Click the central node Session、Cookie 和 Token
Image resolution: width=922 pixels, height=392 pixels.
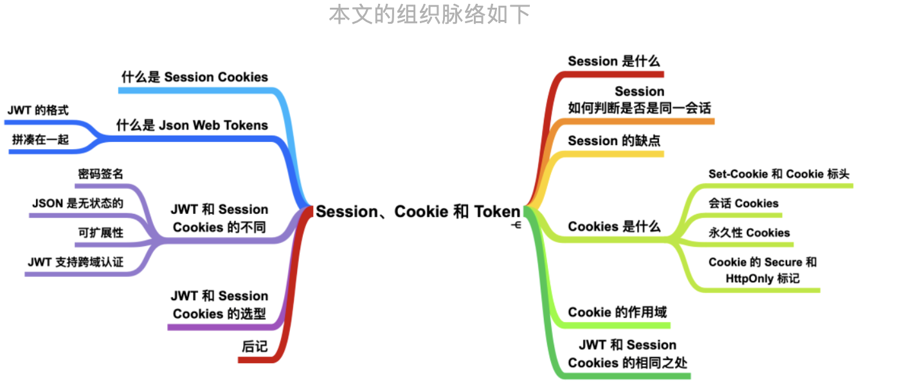(417, 211)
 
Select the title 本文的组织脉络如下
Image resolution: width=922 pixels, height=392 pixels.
(429, 13)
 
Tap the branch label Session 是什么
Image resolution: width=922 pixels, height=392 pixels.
(614, 61)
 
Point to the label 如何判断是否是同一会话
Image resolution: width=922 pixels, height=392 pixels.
(639, 107)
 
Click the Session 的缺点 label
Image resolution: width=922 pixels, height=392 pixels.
(614, 140)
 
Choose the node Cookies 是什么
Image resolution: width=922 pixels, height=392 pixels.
(614, 226)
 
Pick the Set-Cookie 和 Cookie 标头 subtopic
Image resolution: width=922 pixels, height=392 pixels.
(779, 174)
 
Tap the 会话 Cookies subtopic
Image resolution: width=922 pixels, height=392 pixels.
(743, 203)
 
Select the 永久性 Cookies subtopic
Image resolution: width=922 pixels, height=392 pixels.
(749, 233)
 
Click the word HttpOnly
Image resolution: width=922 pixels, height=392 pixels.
(752, 279)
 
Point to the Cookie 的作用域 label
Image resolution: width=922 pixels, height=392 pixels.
(617, 312)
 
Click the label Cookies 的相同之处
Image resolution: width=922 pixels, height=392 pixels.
(628, 362)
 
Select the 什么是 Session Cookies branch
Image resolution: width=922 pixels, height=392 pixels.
(195, 77)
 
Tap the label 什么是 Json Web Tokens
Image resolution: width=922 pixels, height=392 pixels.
(192, 125)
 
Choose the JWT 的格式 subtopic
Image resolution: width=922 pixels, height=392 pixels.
(38, 110)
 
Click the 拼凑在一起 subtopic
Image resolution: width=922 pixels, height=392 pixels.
(41, 139)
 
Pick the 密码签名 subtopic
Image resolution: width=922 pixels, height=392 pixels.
(101, 174)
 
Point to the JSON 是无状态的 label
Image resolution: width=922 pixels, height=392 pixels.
(77, 203)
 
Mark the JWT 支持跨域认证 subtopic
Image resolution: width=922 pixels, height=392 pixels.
(75, 262)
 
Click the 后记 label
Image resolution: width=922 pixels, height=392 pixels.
(255, 346)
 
